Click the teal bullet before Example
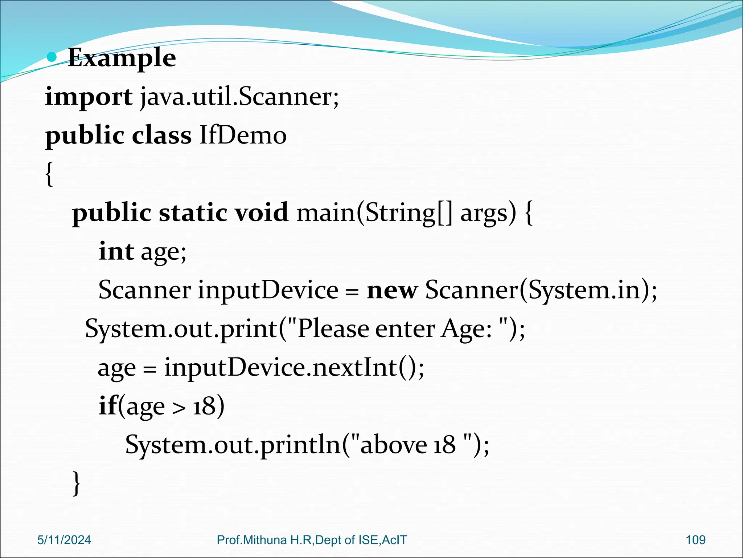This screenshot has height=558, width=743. pyautogui.click(x=53, y=57)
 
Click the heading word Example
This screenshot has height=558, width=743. pyautogui.click(x=122, y=58)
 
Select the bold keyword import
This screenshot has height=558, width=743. pyautogui.click(x=89, y=97)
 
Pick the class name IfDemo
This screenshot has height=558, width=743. pyautogui.click(x=243, y=136)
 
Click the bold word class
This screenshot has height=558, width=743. pyautogui.click(x=161, y=136)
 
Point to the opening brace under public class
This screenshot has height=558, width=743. pyautogui.click(x=50, y=174)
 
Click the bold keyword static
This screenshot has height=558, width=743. pyautogui.click(x=193, y=213)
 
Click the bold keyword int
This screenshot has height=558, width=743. pyautogui.click(x=116, y=251)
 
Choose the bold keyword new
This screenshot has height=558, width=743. pyautogui.click(x=392, y=291)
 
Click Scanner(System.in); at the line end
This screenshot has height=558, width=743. pyautogui.click(x=541, y=291)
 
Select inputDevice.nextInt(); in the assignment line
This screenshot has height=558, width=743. pyautogui.click(x=294, y=368)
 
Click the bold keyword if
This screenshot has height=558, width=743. pyautogui.click(x=108, y=406)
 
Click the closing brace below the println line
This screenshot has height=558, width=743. pyautogui.click(x=77, y=483)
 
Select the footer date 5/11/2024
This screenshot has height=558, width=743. pyautogui.click(x=64, y=540)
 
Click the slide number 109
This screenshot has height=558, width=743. pyautogui.click(x=695, y=540)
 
